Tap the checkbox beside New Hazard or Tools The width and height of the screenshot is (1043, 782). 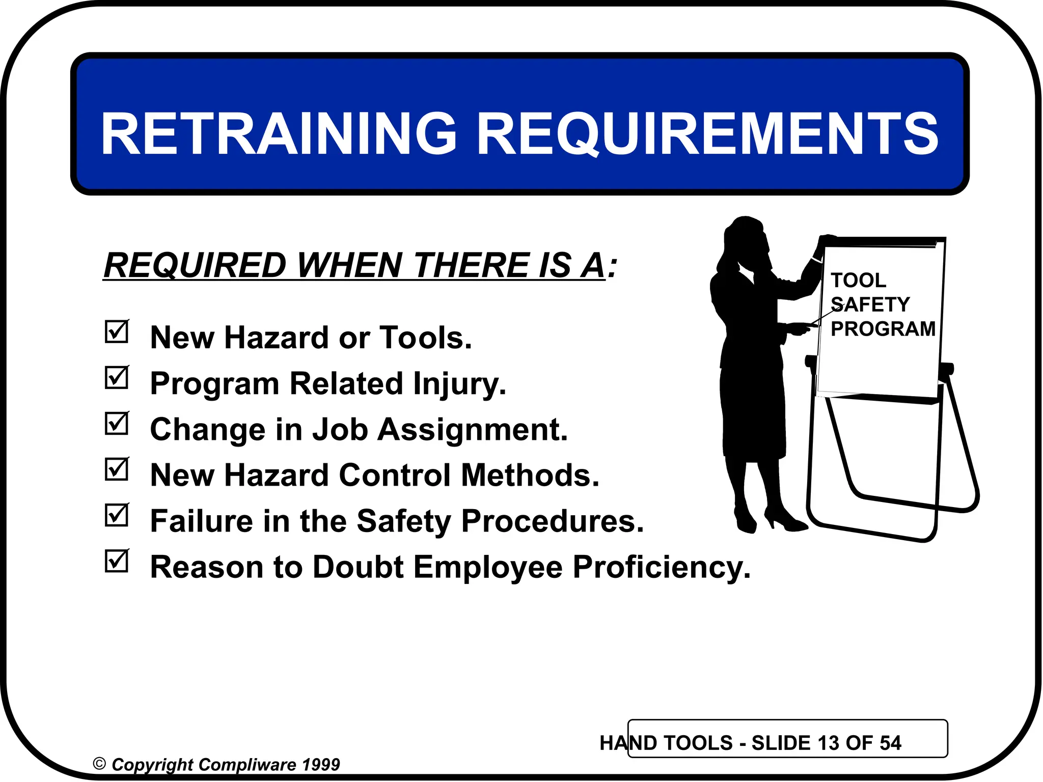pos(117,332)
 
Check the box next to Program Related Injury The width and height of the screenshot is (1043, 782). pos(117,378)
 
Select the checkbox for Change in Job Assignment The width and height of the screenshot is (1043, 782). pos(117,424)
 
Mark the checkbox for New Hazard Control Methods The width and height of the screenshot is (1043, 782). pos(117,469)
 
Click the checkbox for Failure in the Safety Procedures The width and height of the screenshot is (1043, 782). pos(117,515)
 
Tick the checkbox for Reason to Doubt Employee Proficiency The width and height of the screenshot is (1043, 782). pos(117,561)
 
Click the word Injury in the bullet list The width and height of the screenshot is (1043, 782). pos(459,384)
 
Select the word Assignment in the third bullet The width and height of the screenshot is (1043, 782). pos(472,430)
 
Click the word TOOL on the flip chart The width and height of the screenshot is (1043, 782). pos(858,281)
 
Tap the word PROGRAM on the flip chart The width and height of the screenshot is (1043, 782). pos(883,329)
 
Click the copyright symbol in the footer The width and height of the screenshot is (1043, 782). pos(99,764)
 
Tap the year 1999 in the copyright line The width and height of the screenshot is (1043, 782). pos(320,764)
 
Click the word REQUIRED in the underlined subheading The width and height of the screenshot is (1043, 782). pos(196,265)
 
